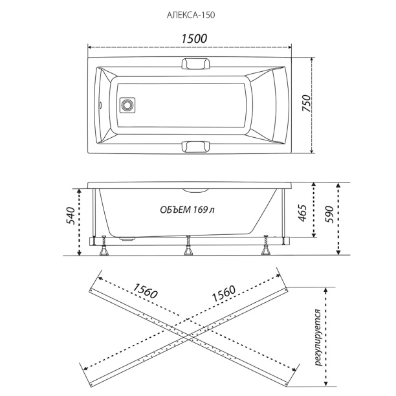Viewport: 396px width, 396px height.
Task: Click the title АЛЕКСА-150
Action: pyautogui.click(x=191, y=15)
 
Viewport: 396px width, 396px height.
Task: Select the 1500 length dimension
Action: pyautogui.click(x=194, y=39)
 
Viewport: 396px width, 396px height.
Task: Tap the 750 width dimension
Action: pyautogui.click(x=306, y=103)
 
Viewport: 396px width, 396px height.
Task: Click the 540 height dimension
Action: pyautogui.click(x=71, y=216)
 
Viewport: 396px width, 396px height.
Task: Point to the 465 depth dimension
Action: pyautogui.click(x=302, y=213)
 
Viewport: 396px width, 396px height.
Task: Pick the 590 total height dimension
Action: pyautogui.click(x=329, y=214)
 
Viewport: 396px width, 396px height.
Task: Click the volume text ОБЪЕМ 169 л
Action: pyautogui.click(x=188, y=210)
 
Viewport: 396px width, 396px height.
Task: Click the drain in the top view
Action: pyautogui.click(x=127, y=105)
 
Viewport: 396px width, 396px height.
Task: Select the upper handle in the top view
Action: pyautogui.click(x=196, y=63)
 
